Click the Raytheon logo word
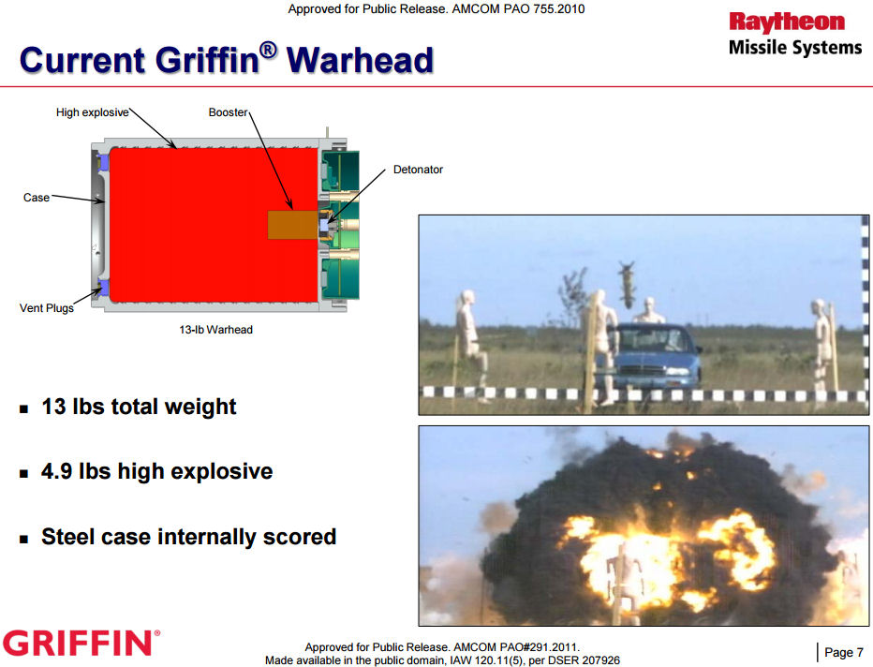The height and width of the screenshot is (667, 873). click(787, 22)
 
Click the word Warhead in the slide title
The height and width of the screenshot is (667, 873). click(360, 60)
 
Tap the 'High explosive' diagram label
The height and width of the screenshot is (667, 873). click(93, 112)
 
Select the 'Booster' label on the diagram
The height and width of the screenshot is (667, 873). click(228, 112)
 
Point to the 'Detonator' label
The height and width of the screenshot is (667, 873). click(418, 170)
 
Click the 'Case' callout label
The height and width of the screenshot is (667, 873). click(37, 198)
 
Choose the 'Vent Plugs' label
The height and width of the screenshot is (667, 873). click(47, 308)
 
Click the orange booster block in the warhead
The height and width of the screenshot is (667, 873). click(293, 225)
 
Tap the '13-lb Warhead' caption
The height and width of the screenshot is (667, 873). click(215, 330)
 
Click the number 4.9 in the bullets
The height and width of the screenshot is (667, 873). click(57, 471)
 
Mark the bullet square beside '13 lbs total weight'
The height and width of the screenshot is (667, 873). click(23, 409)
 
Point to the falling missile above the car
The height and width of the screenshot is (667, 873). click(628, 284)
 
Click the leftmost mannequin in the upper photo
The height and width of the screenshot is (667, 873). click(470, 344)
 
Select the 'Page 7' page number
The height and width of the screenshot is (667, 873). click(843, 652)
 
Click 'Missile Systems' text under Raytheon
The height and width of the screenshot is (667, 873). click(795, 48)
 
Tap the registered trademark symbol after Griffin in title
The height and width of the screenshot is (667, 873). click(268, 49)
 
